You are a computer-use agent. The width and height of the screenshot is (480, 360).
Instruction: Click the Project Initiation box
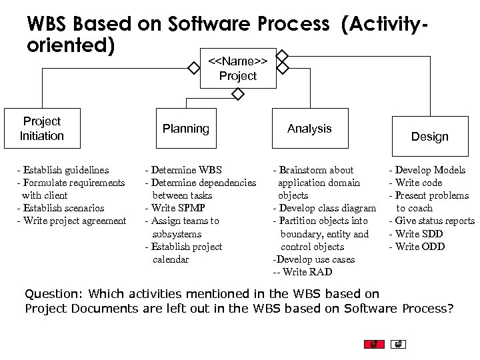click(x=42, y=128)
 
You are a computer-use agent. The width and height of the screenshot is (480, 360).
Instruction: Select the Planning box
click(x=186, y=128)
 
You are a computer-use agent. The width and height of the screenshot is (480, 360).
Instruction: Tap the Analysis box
click(x=309, y=128)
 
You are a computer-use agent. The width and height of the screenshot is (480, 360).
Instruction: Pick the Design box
click(x=429, y=136)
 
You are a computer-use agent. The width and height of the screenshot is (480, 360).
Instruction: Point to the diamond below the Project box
click(x=238, y=95)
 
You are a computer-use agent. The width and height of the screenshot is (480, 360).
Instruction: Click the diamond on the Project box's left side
click(x=194, y=68)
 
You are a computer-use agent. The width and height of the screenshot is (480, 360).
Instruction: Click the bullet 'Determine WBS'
click(x=186, y=170)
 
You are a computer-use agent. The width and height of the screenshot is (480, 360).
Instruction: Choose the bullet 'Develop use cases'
click(x=314, y=259)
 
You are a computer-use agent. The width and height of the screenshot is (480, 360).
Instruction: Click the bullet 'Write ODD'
click(x=419, y=247)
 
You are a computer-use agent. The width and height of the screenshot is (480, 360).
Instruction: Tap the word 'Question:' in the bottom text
click(x=55, y=294)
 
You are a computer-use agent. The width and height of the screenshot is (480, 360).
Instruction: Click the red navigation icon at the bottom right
click(x=374, y=345)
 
